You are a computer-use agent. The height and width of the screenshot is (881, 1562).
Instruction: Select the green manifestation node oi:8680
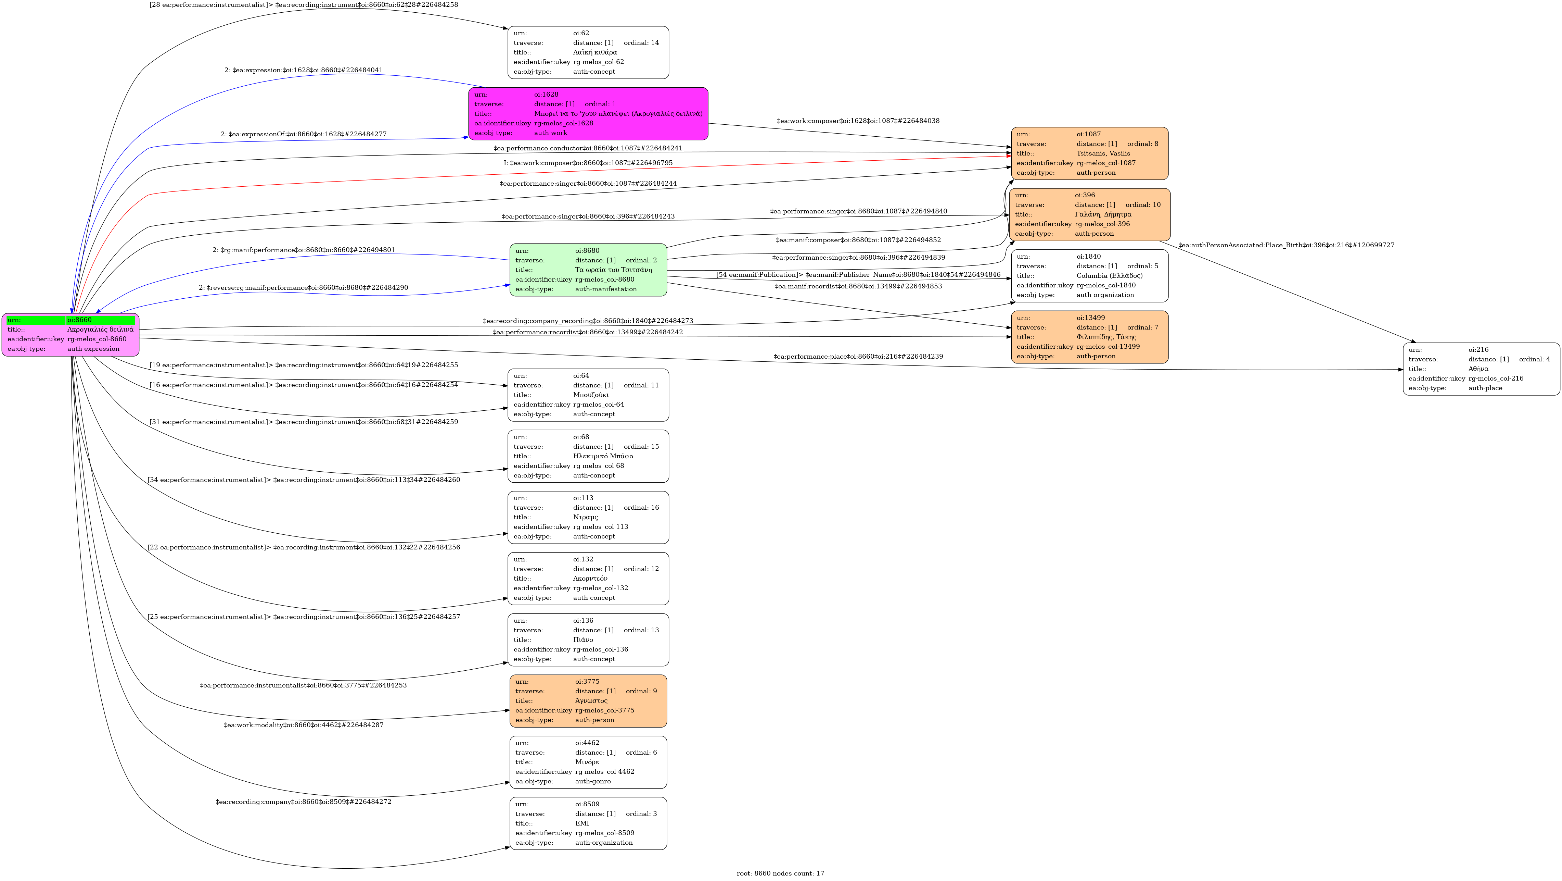click(x=588, y=270)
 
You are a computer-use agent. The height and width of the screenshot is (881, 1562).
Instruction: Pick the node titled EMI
click(x=588, y=823)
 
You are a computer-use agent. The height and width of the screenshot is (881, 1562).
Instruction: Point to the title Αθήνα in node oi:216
click(x=1478, y=369)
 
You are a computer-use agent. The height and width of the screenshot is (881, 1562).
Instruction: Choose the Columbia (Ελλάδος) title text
click(x=1110, y=275)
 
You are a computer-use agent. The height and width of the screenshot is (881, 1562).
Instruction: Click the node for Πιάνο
click(x=588, y=640)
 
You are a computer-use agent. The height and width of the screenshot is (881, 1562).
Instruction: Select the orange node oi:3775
click(x=588, y=701)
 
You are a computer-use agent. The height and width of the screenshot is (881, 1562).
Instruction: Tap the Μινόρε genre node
click(x=588, y=762)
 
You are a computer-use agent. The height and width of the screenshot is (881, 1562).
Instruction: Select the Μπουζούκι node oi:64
click(x=588, y=395)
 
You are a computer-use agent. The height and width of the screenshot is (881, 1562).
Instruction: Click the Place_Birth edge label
click(x=1286, y=246)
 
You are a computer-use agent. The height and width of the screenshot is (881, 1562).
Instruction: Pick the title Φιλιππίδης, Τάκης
click(x=1106, y=337)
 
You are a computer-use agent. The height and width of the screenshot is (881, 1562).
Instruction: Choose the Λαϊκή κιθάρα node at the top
click(x=588, y=52)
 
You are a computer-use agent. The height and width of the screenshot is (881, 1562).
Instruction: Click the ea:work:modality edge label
click(x=303, y=725)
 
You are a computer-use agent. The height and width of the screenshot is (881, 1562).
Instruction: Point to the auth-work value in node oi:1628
click(x=551, y=133)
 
